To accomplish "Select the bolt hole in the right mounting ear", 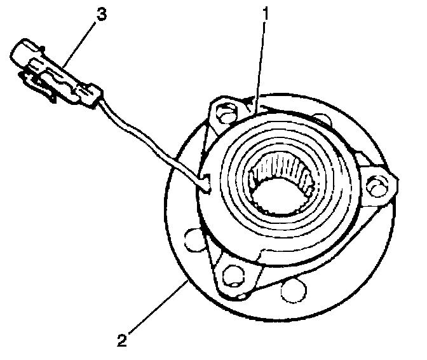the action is tap(379, 185).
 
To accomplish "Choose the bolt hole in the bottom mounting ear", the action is tap(233, 274).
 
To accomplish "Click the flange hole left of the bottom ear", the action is tap(188, 241).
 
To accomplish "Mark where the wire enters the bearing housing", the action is tap(205, 185).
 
